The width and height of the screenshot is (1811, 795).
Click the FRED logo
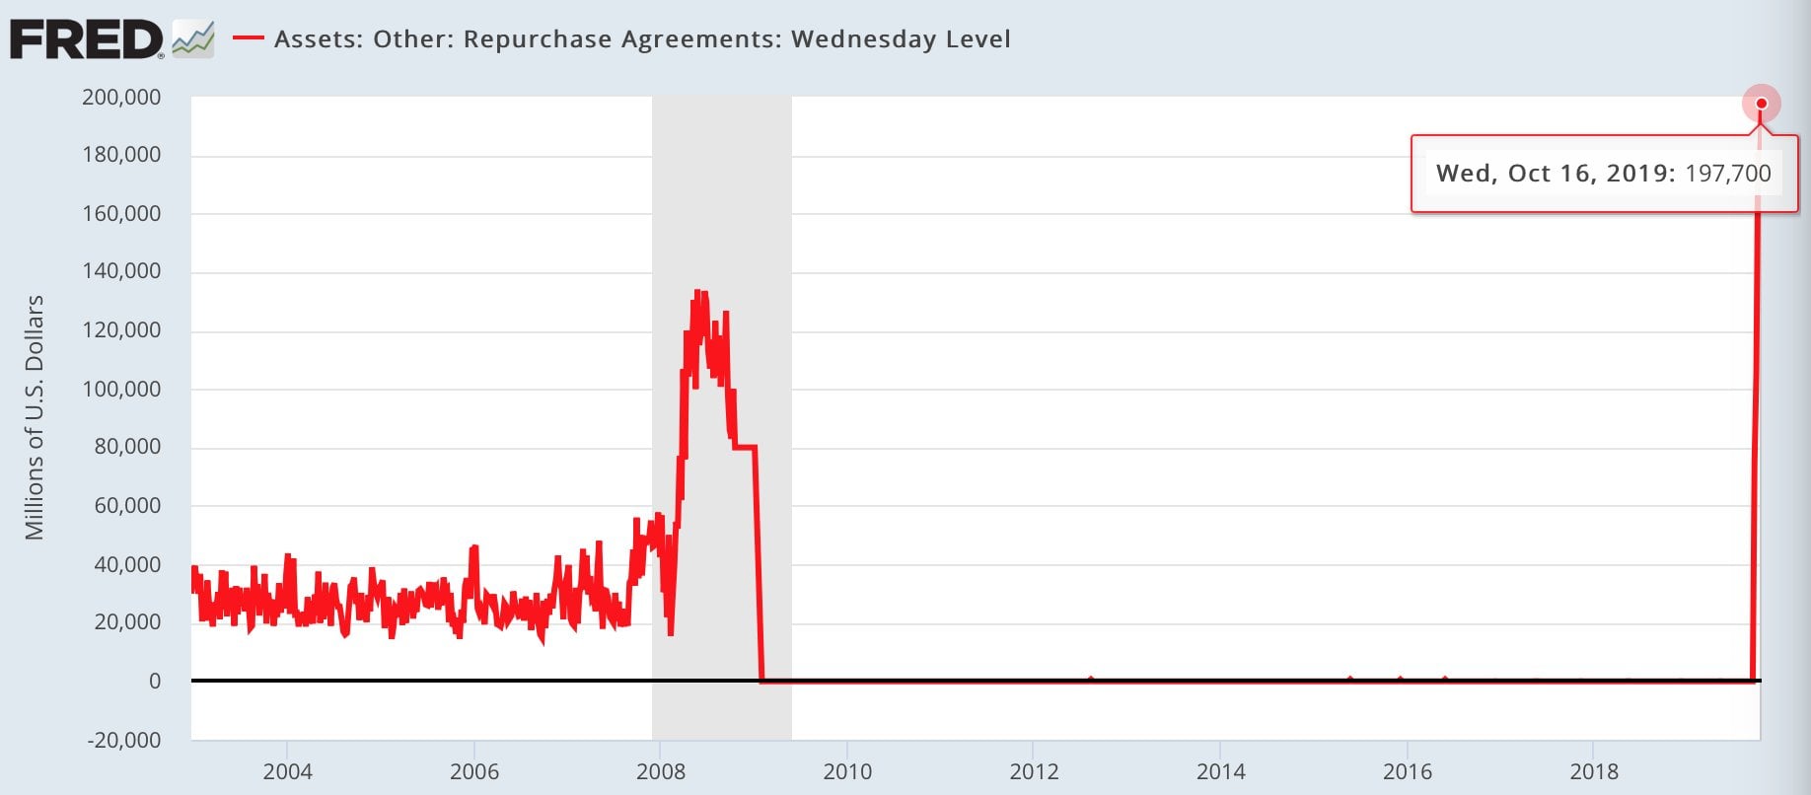pos(87,40)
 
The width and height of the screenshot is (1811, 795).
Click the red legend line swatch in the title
pos(248,39)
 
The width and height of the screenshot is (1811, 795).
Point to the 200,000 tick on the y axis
pos(121,97)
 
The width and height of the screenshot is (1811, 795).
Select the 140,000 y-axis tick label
pos(121,271)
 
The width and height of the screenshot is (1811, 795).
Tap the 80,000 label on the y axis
pos(127,447)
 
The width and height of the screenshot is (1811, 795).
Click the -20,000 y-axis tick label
pos(124,740)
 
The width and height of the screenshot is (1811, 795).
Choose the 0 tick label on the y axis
pos(154,681)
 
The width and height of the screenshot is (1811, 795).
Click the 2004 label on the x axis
pos(287,771)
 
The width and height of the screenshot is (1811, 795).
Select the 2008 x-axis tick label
pos(661,771)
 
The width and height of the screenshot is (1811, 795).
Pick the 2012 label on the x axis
pos(1034,771)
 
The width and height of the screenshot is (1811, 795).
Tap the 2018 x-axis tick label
pos(1594,771)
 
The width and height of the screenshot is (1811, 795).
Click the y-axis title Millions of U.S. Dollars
pos(35,417)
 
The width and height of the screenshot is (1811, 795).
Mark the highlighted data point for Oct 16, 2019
pos(1761,104)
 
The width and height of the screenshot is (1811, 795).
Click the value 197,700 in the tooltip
pos(1728,174)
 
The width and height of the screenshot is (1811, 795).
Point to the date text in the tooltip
pos(1555,174)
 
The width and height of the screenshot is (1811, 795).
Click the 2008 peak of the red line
pos(697,292)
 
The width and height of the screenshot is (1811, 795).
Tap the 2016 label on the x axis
pos(1407,771)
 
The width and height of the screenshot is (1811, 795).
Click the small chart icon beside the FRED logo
pos(192,40)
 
